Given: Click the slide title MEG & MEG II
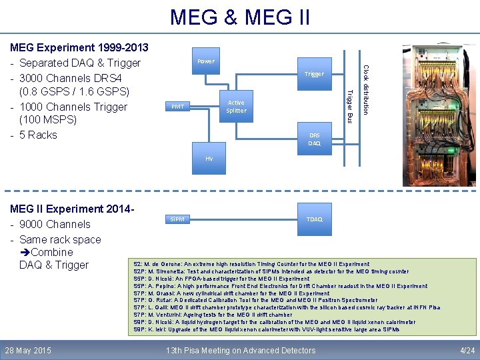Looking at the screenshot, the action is [240, 17].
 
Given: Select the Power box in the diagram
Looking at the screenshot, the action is [206, 61].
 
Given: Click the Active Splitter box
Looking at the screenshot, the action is [236, 107].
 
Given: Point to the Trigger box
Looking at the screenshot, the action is [313, 74].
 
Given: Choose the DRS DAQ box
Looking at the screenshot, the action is [314, 139].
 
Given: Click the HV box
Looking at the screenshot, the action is [209, 159].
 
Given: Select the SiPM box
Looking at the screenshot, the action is [177, 219].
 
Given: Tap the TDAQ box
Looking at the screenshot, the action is [314, 219].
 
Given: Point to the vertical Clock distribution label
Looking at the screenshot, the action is [365, 89].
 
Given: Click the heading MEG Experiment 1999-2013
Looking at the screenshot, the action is [79, 48].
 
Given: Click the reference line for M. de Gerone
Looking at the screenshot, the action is [251, 265].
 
